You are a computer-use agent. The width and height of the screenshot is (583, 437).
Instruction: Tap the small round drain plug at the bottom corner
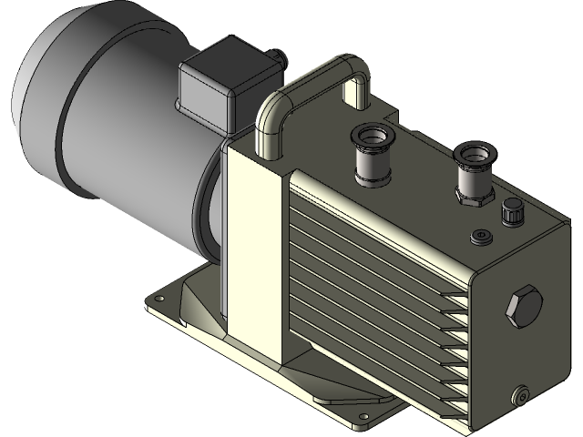(522, 394)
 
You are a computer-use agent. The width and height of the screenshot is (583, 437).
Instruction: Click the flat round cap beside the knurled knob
(480, 237)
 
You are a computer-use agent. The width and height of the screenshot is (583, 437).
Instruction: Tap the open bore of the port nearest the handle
(372, 137)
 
